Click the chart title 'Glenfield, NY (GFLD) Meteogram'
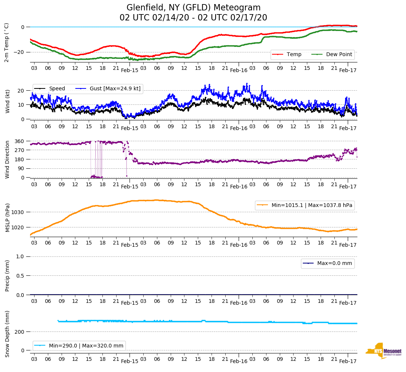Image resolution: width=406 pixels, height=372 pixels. pyautogui.click(x=193, y=8)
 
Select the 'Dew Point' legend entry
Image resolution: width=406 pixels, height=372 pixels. pyautogui.click(x=338, y=54)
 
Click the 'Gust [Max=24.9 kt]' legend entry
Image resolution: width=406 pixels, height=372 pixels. pyautogui.click(x=115, y=88)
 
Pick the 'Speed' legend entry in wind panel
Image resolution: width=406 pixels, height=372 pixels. pyautogui.click(x=57, y=88)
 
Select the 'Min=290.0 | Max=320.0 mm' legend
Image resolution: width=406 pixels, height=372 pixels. pyautogui.click(x=86, y=346)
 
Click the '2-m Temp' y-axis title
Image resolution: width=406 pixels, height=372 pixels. pyautogui.click(x=6, y=42)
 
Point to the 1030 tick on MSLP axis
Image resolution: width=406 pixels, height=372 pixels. pyautogui.click(x=18, y=212)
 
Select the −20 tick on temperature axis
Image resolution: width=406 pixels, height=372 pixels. pyautogui.click(x=19, y=52)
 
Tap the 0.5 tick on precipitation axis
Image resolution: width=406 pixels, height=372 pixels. pyautogui.click(x=20, y=276)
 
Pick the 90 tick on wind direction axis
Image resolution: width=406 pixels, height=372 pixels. pyautogui.click(x=22, y=168)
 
